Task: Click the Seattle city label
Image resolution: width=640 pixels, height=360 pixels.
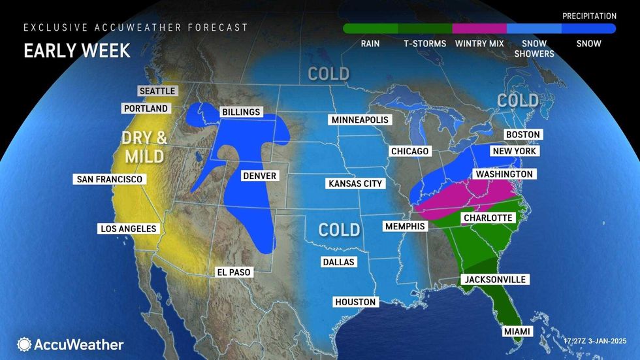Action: tap(157, 91)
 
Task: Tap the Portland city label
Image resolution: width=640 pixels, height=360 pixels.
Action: tap(145, 108)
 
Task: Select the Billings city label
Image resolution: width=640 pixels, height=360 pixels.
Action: tap(240, 112)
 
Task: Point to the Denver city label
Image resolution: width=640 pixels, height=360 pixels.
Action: tap(259, 176)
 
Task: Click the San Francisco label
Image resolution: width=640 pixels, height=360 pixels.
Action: tap(108, 179)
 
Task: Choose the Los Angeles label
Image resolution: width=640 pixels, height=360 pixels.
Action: tap(128, 229)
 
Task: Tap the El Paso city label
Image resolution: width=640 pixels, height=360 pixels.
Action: tap(234, 272)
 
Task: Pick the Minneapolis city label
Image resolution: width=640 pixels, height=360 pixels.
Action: tap(360, 120)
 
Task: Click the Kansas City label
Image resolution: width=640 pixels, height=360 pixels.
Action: tap(354, 184)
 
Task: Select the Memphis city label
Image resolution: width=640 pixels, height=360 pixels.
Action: tap(405, 226)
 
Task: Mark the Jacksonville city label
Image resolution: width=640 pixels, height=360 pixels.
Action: tap(494, 280)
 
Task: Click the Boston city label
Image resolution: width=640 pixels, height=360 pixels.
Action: tap(522, 135)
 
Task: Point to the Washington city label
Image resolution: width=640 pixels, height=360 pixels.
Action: tap(504, 174)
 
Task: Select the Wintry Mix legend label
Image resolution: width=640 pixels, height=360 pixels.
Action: tap(479, 44)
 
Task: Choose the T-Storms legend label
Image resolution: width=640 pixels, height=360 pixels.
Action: tap(424, 44)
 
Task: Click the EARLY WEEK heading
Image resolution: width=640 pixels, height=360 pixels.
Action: tap(77, 50)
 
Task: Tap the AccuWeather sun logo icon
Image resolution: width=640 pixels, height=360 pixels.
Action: tap(25, 344)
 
